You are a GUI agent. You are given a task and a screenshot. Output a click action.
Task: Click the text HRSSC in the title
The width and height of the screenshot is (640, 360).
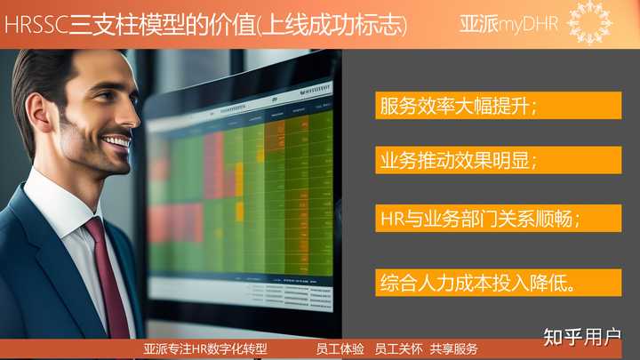point(35,25)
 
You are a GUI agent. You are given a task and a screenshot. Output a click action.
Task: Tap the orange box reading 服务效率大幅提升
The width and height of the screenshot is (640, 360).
point(498,106)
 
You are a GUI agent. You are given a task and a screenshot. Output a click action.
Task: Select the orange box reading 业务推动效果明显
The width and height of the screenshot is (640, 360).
point(498,161)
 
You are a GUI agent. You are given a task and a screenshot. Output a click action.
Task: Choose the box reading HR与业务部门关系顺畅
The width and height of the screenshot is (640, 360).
point(498,218)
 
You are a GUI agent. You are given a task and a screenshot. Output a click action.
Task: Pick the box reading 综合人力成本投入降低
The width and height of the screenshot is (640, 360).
point(498,284)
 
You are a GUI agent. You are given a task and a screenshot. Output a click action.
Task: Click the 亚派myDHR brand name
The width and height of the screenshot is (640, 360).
point(509,24)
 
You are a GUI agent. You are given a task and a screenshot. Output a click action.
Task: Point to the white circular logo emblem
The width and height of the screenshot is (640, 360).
point(589,22)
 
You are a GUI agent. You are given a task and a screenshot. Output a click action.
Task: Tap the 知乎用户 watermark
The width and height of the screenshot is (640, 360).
point(582,337)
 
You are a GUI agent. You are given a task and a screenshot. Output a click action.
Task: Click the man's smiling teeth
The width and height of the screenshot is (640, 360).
point(116,141)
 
